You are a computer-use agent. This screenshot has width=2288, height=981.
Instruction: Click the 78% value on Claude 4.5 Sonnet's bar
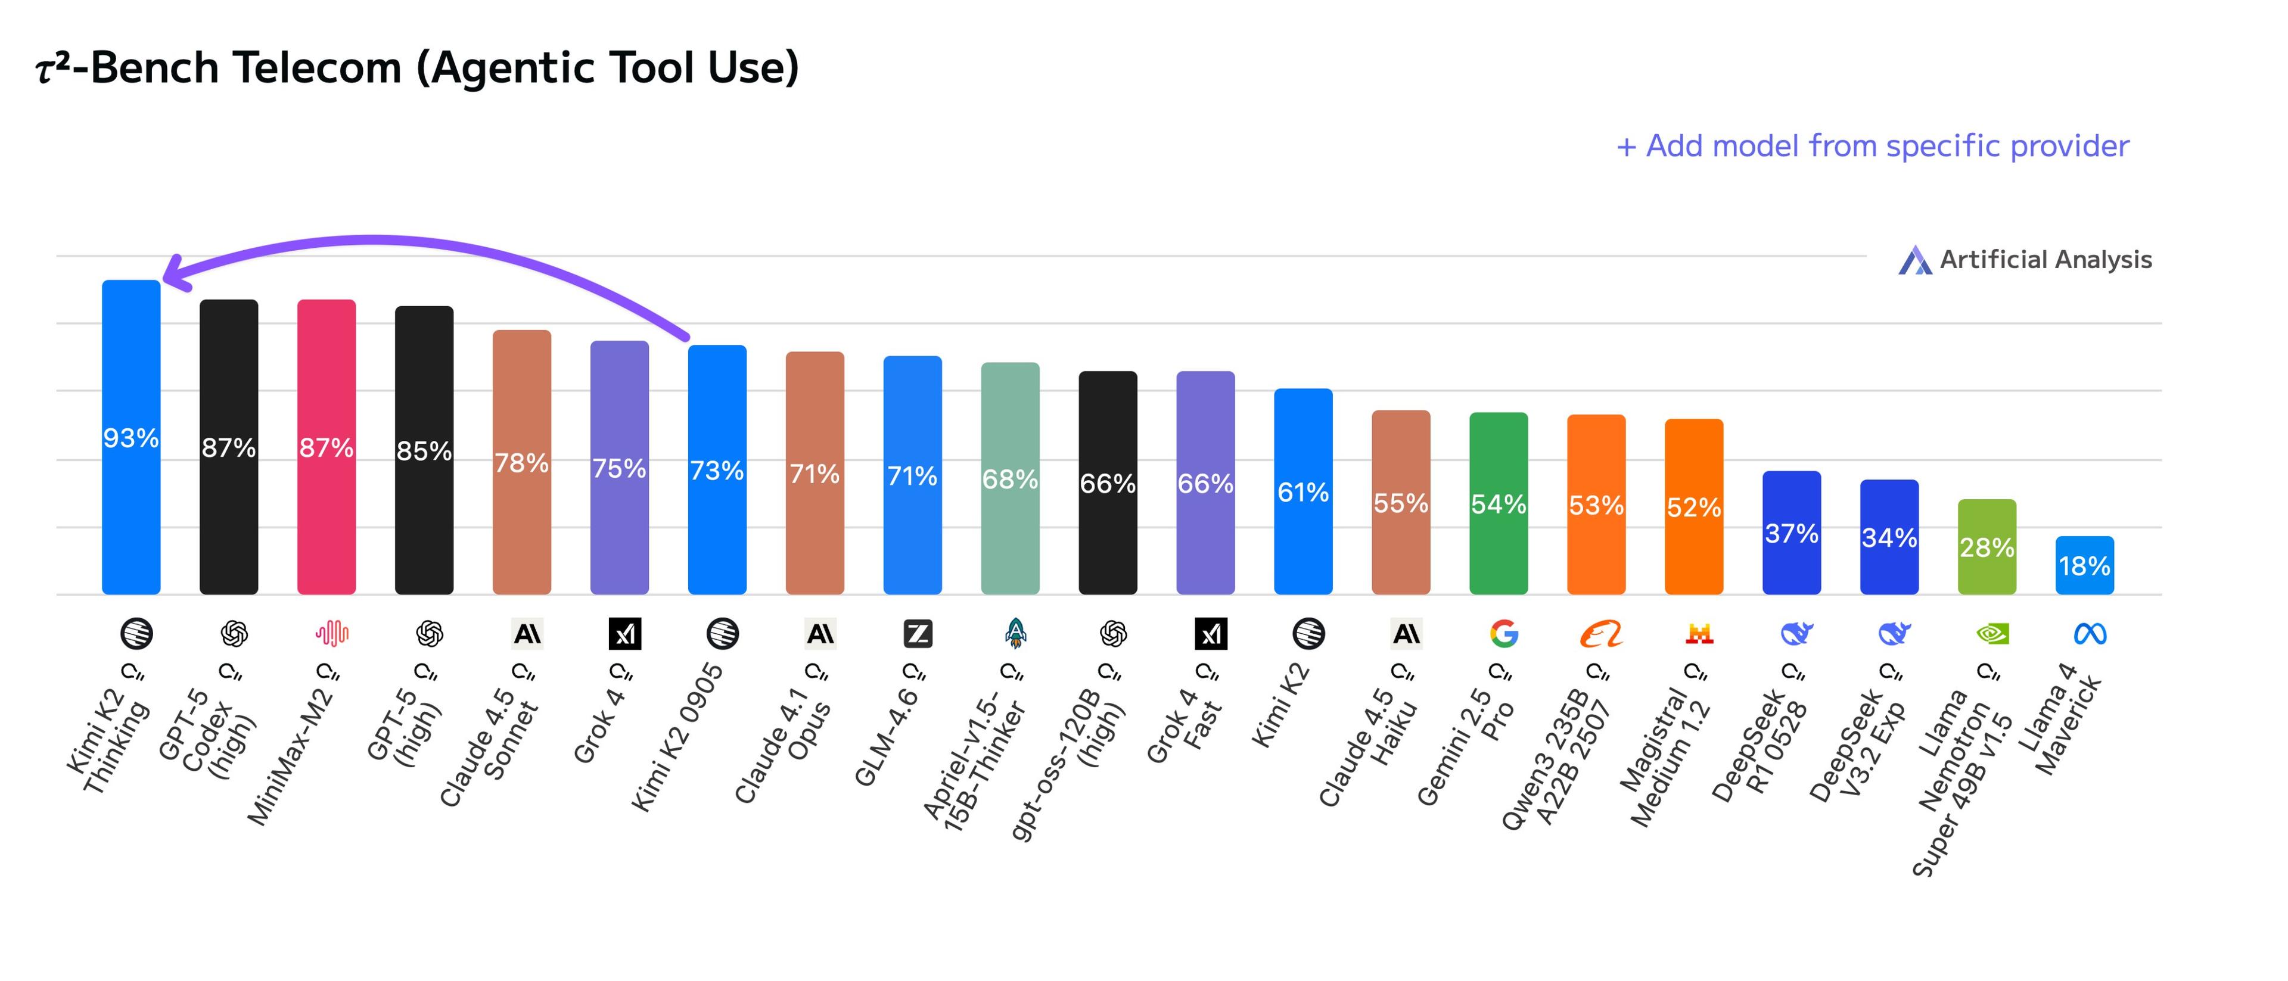521,463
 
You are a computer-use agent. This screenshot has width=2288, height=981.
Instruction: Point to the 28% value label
1987,548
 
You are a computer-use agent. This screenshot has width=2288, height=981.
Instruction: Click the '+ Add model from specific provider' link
1872,145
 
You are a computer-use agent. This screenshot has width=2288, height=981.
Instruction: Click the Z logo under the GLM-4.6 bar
918,634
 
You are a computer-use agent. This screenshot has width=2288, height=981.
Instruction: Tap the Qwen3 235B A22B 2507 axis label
1556,755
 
